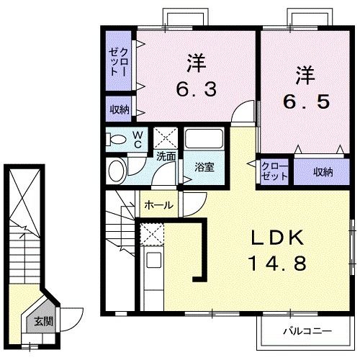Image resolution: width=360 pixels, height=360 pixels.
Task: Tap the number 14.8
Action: [x=271, y=263]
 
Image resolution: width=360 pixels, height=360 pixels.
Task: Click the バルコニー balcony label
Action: [x=306, y=333]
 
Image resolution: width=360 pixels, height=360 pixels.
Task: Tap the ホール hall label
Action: [x=158, y=205]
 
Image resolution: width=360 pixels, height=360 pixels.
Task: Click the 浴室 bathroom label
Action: [x=204, y=168]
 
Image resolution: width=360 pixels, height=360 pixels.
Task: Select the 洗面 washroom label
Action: [x=167, y=156]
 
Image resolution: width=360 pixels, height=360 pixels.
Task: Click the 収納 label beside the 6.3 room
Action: [x=120, y=109]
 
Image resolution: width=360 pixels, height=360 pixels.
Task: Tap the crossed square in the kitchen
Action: [x=152, y=233]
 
